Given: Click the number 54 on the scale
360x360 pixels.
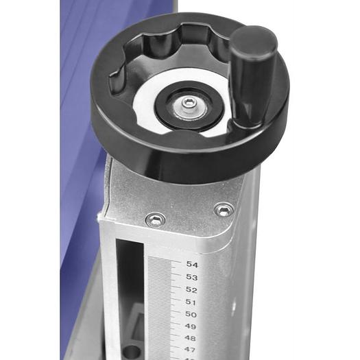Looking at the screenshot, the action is click(x=192, y=264).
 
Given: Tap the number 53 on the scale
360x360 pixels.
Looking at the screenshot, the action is click(x=192, y=277).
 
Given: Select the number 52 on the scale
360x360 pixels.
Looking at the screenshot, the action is click(x=191, y=289).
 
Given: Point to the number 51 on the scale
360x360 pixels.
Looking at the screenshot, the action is click(x=191, y=302).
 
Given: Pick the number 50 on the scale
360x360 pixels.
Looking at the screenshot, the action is click(x=191, y=314).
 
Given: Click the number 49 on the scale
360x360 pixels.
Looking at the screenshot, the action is click(x=191, y=326).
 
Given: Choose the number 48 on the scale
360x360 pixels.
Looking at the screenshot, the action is click(x=191, y=338).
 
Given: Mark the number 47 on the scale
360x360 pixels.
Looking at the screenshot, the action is click(x=190, y=350).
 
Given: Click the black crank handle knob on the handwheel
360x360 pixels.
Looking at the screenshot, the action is click(x=252, y=75).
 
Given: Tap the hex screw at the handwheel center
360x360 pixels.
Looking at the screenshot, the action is click(x=189, y=104).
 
